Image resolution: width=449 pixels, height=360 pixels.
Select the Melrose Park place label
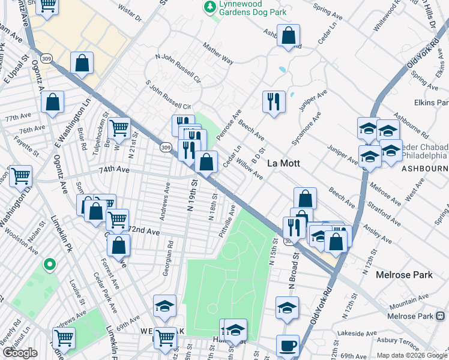point(403,275)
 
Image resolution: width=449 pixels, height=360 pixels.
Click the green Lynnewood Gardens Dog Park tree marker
point(210,7)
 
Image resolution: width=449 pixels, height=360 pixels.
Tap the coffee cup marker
point(288,346)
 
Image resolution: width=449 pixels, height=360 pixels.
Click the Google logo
point(20,353)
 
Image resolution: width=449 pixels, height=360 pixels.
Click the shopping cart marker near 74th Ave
point(20,176)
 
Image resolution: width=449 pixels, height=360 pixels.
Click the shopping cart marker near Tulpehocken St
point(119,128)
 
